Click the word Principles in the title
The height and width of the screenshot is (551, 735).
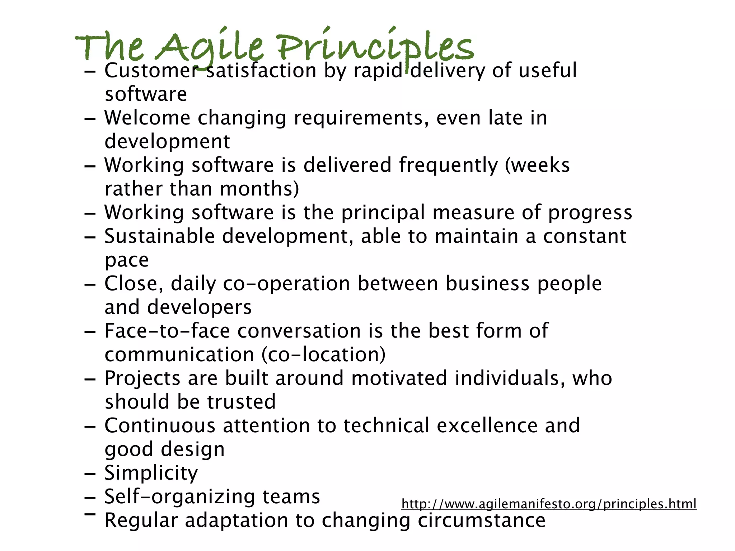pyautogui.click(x=375, y=47)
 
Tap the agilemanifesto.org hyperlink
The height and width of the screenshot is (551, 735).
pyautogui.click(x=549, y=504)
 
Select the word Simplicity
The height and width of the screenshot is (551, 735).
pyautogui.click(x=151, y=473)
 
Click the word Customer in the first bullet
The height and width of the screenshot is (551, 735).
pyautogui.click(x=151, y=70)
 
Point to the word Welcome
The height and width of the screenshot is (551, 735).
pyautogui.click(x=147, y=118)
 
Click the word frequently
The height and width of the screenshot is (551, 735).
pyautogui.click(x=448, y=166)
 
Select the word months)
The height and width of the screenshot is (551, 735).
pyautogui.click(x=259, y=189)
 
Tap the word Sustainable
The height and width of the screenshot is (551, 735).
pyautogui.click(x=159, y=236)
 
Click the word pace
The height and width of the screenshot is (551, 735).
pyautogui.click(x=126, y=260)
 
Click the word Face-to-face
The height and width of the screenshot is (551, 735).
pyautogui.click(x=167, y=331)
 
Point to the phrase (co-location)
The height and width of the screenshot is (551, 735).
pyautogui.click(x=323, y=355)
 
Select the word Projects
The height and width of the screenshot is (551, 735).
pyautogui.click(x=142, y=378)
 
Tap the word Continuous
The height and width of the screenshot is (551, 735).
pyautogui.click(x=160, y=426)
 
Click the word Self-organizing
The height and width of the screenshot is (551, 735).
pyautogui.click(x=179, y=497)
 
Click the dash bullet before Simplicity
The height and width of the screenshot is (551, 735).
pyautogui.click(x=90, y=475)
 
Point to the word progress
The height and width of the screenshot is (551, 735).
pyautogui.click(x=590, y=213)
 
